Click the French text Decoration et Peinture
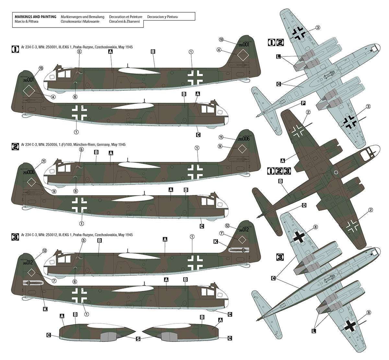tap(126, 17)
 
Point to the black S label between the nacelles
tap(138, 339)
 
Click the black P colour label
tap(303, 103)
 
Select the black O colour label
tap(303, 205)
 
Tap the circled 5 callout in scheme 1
tap(79, 51)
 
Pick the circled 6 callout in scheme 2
tap(76, 191)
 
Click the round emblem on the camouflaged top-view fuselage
tap(336, 172)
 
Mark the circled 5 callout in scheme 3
tap(83, 240)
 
